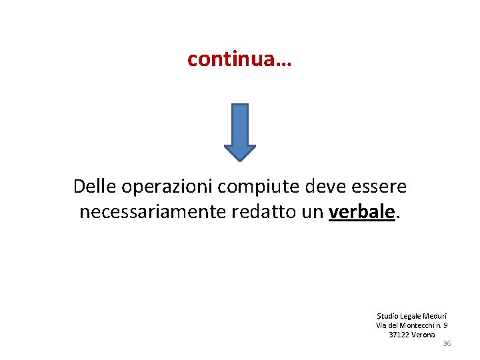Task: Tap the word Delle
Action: pos(93,187)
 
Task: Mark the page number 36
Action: pos(447,343)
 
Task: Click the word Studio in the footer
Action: pos(387,316)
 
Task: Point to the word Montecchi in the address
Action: pos(416,325)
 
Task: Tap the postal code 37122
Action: pos(399,335)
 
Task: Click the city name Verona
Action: pos(423,335)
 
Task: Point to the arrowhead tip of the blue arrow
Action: pos(239,160)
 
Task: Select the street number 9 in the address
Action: pos(445,325)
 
